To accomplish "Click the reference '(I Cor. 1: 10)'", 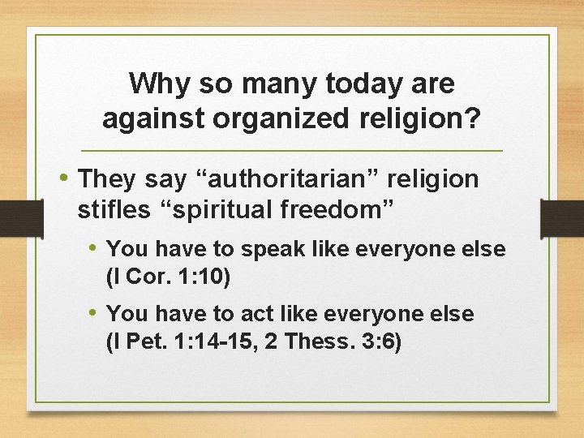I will [x=169, y=278].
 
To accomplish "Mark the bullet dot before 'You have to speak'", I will [x=94, y=248].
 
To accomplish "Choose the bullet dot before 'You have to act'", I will [x=94, y=312].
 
